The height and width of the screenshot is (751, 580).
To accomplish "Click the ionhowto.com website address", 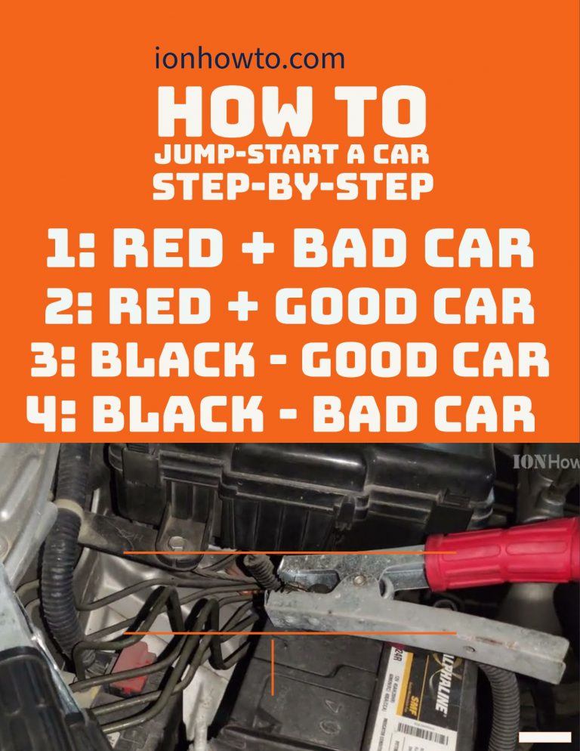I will (249, 58).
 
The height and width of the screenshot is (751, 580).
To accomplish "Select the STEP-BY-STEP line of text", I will (292, 187).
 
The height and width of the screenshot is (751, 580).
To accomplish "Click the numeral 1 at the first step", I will (58, 252).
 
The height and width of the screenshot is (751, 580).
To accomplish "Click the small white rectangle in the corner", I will (545, 737).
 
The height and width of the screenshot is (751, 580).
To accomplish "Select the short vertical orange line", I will (273, 666).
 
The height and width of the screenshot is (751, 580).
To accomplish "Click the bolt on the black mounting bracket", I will (175, 542).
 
